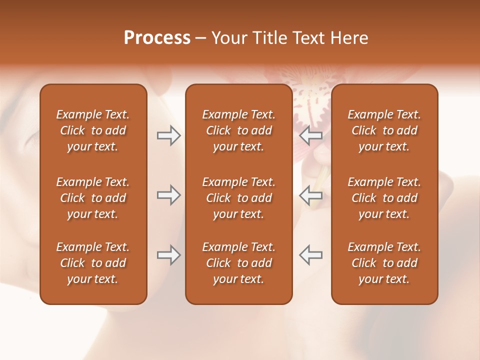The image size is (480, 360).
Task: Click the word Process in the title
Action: tap(157, 38)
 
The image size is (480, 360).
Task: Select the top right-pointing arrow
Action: tap(168, 135)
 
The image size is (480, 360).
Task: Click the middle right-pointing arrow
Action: tap(168, 195)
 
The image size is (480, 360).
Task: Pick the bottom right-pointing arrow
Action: tap(168, 255)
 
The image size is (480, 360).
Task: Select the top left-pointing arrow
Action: tap(310, 135)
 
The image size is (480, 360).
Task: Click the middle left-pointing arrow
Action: tap(310, 195)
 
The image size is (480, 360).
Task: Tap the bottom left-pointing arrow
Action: tap(310, 255)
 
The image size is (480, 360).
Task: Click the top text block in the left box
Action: tap(93, 130)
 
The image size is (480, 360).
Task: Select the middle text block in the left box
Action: tap(93, 198)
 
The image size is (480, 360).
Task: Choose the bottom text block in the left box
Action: tap(93, 263)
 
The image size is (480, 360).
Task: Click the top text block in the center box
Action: tap(238, 130)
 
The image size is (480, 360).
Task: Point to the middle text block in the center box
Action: tap(238, 198)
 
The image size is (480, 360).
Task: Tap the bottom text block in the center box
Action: tap(238, 263)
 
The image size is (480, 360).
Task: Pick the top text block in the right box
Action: tap(384, 130)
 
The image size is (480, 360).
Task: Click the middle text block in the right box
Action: tap(384, 198)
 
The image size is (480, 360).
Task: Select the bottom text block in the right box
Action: tap(384, 263)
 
